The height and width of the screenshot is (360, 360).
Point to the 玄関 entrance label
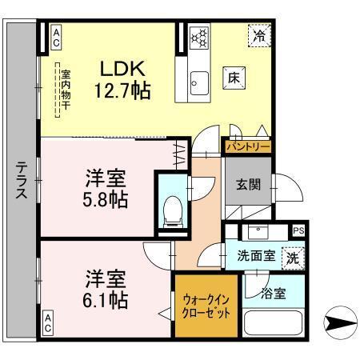pyautogui.click(x=247, y=183)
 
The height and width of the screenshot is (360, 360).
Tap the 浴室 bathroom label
pyautogui.click(x=272, y=294)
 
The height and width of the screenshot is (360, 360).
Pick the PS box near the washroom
pyautogui.click(x=298, y=231)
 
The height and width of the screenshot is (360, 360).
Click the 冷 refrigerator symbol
pyautogui.click(x=259, y=35)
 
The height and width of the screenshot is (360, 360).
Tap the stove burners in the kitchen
pyautogui.click(x=199, y=37)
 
